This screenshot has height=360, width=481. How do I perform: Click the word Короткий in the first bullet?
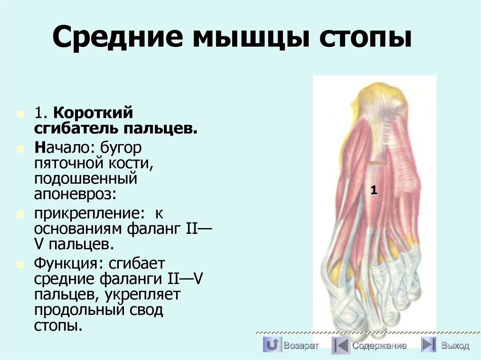(93, 113)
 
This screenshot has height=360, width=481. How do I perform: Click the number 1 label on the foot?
(374, 190)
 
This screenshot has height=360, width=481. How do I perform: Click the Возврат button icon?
(271, 345)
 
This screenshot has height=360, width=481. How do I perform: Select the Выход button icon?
(428, 345)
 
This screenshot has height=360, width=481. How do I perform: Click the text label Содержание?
(380, 346)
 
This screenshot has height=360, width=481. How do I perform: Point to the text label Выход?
(455, 346)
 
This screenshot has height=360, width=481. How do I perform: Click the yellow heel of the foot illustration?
(380, 96)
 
